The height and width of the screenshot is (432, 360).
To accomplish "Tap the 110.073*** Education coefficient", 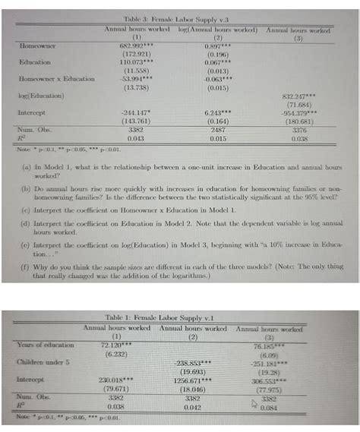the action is tap(137, 61).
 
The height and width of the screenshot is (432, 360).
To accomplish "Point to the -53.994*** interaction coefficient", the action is tap(137, 77).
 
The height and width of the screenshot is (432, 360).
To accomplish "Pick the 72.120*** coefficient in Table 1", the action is tap(116, 346).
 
